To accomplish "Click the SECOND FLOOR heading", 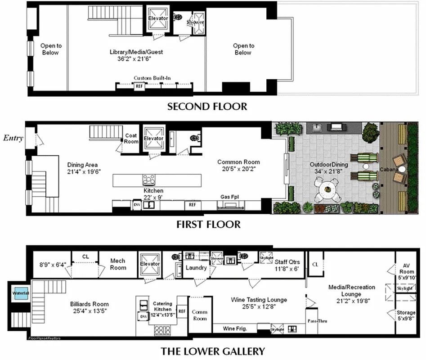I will coord(207,107).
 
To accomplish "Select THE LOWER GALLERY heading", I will coord(213,351).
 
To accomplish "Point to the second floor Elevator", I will coord(158,18).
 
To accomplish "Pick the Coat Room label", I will coord(131,139).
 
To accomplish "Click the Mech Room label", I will coord(118,264).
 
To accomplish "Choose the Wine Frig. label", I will coord(235,329).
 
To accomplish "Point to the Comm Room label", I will coord(199,315).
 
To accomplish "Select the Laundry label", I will coord(197,268).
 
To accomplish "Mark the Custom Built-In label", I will coord(152,78).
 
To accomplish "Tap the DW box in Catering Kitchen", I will coord(143,317).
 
